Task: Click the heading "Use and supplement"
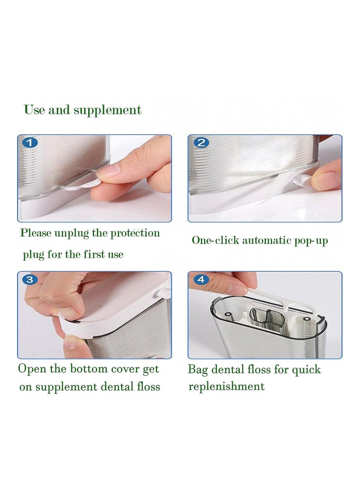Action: (82, 110)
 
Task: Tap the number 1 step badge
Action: (30, 143)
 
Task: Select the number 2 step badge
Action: (201, 143)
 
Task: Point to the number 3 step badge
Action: (30, 279)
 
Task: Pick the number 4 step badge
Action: (201, 279)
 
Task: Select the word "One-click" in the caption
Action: (216, 240)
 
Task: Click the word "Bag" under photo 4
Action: (198, 370)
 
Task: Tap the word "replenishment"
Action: (226, 387)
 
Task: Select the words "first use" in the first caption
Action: (103, 255)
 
